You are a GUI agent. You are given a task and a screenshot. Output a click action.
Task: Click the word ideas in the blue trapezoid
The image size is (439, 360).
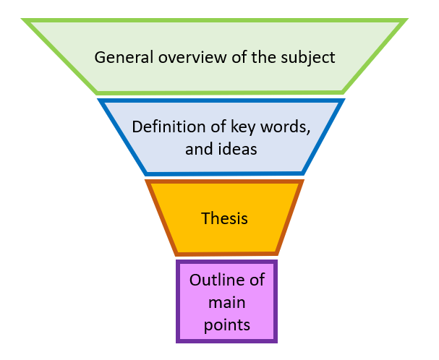(239, 149)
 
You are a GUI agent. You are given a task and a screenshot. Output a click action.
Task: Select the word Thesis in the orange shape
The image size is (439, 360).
(224, 218)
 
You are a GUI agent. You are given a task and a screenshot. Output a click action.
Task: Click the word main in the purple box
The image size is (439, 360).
(226, 302)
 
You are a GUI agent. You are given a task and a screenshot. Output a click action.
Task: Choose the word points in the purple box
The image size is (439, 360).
(226, 325)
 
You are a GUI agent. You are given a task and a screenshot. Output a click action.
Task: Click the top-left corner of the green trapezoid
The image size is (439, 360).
(25, 21)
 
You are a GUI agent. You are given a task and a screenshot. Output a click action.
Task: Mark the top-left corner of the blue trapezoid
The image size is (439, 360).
(101, 100)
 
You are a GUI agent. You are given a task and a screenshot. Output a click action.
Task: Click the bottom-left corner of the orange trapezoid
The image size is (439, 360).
(176, 254)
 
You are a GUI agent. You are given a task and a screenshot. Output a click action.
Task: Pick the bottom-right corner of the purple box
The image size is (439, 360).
(276, 341)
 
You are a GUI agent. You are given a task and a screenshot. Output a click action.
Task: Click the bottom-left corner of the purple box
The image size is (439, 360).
(177, 341)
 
